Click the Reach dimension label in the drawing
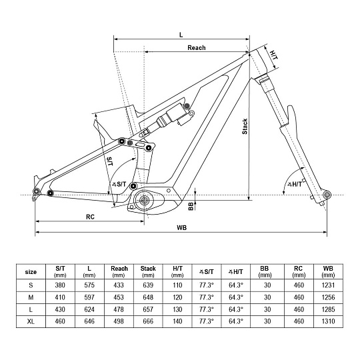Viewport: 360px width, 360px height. (x=196, y=48)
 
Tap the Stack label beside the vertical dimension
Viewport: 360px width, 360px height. (x=245, y=127)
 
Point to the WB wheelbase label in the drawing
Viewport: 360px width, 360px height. (x=181, y=228)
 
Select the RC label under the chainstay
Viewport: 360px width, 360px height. (x=90, y=217)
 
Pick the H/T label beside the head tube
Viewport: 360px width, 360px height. (x=273, y=55)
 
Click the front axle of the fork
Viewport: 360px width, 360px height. (x=327, y=195)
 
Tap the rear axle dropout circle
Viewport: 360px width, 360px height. (x=36, y=191)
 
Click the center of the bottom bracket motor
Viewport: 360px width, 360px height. (x=144, y=200)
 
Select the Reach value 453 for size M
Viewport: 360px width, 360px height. (x=119, y=297)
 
